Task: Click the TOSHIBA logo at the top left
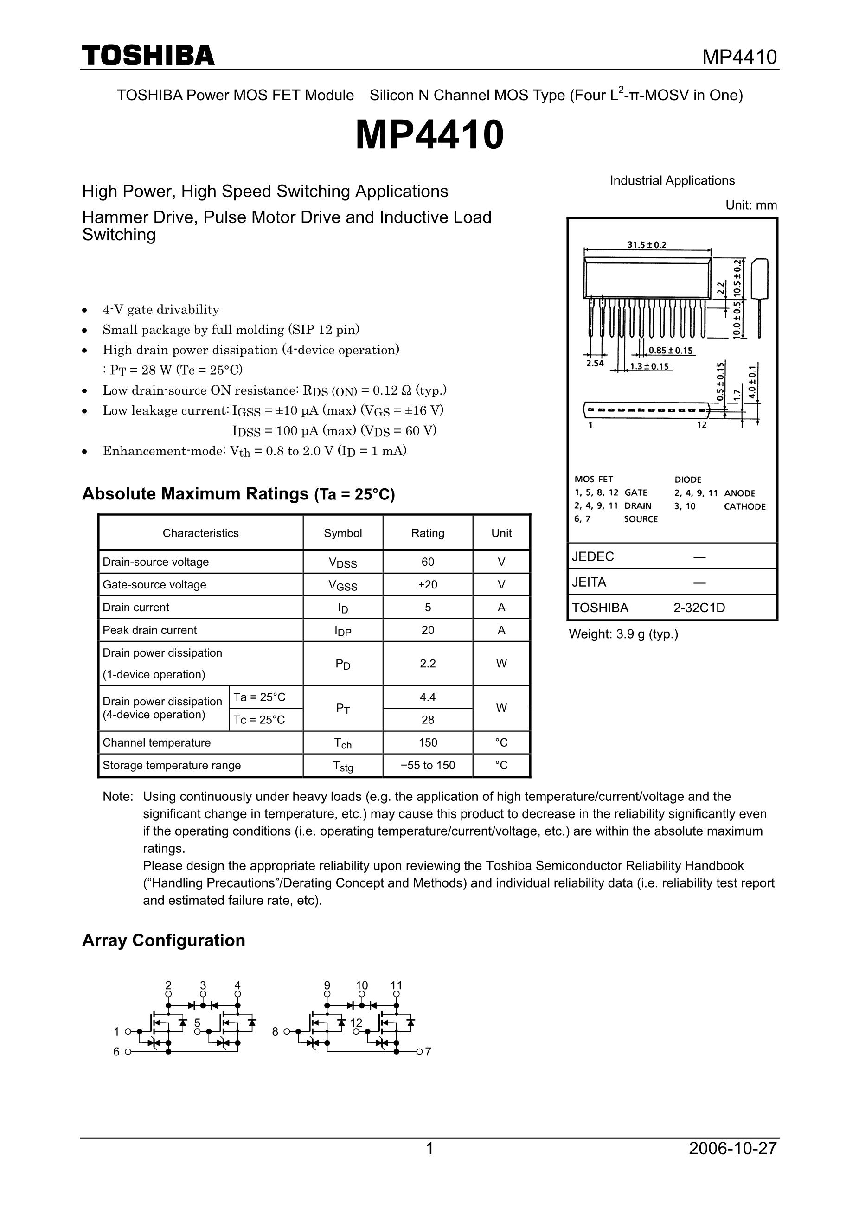click(148, 56)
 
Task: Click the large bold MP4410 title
click(429, 135)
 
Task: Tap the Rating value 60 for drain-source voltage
click(428, 562)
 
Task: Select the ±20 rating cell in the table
click(428, 584)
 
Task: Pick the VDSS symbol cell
click(342, 563)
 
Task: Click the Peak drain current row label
click(149, 630)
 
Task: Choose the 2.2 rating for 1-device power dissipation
click(428, 663)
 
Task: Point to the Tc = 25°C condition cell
click(259, 720)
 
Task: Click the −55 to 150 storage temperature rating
click(428, 765)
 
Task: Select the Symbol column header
click(342, 533)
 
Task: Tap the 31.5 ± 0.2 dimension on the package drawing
click(647, 245)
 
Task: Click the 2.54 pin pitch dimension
click(595, 363)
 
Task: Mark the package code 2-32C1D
click(699, 607)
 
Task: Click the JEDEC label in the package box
click(593, 556)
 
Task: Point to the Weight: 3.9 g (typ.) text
click(623, 634)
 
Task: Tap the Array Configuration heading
click(164, 940)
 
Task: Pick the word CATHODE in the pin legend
click(745, 506)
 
